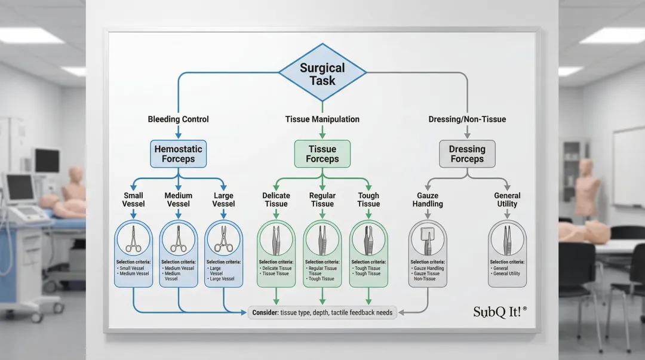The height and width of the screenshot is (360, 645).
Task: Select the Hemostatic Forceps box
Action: [178, 154]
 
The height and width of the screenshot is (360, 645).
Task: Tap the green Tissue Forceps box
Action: [322, 154]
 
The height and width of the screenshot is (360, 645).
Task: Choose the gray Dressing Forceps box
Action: [467, 154]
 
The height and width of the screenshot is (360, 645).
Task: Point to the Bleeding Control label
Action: [178, 119]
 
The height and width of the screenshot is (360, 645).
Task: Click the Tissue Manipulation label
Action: [322, 119]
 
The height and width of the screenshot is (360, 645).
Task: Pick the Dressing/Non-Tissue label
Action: [467, 119]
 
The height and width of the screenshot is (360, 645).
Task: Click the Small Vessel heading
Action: [133, 199]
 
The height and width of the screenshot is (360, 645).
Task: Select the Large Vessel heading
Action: [223, 199]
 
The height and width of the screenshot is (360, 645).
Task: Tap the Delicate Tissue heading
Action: [275, 199]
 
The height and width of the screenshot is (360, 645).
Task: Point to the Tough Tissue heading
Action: [368, 199]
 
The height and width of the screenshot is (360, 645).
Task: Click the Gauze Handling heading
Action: [428, 199]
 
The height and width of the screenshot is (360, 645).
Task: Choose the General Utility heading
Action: [507, 199]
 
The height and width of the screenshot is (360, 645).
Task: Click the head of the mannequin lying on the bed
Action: [75, 174]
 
